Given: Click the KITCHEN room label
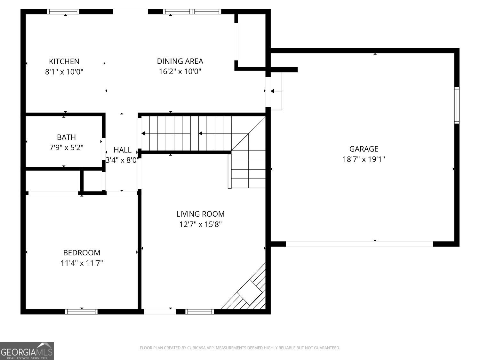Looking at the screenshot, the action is pyautogui.click(x=64, y=61).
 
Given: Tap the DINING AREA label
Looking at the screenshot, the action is pyautogui.click(x=180, y=61).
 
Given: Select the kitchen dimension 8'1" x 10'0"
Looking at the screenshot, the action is pyautogui.click(x=64, y=71).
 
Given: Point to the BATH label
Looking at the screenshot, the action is pyautogui.click(x=66, y=137).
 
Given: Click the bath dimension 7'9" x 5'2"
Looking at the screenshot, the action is pyautogui.click(x=66, y=148).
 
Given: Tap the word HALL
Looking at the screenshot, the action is pyautogui.click(x=123, y=150).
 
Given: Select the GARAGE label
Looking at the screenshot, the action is pyautogui.click(x=364, y=149).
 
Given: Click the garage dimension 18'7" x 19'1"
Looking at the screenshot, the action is pyautogui.click(x=364, y=159).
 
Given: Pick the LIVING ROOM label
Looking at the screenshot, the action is pyautogui.click(x=200, y=214).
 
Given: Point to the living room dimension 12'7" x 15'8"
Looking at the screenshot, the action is pyautogui.click(x=200, y=224).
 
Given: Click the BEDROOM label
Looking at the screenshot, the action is pyautogui.click(x=82, y=253).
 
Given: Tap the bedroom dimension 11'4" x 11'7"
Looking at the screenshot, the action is pyautogui.click(x=82, y=263).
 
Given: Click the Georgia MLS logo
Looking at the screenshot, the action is pyautogui.click(x=27, y=351).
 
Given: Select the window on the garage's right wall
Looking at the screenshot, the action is pyautogui.click(x=457, y=105).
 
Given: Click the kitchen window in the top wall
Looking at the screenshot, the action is pyautogui.click(x=63, y=12).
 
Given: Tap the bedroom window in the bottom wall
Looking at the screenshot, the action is pyautogui.click(x=81, y=312).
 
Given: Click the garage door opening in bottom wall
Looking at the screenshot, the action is pyautogui.click(x=359, y=244).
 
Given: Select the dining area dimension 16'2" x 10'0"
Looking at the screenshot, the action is pyautogui.click(x=180, y=71).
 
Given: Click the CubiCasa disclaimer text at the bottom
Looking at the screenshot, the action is pyautogui.click(x=240, y=348).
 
